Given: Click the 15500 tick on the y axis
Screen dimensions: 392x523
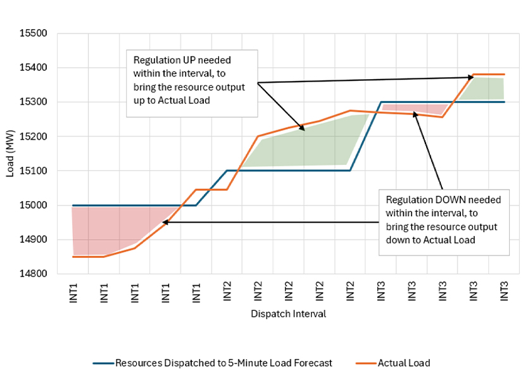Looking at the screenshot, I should coord(37,33).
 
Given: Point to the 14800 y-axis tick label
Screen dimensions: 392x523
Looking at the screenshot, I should coord(37,274).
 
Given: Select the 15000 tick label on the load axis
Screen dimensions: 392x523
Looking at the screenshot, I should coord(37,205).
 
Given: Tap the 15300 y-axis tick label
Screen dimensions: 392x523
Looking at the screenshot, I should coord(37,102).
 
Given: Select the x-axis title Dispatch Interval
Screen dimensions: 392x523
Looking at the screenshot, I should coord(288,314).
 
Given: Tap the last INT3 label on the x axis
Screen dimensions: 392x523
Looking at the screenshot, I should coord(505,291).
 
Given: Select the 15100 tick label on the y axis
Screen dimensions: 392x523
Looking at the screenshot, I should coord(37,171).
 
